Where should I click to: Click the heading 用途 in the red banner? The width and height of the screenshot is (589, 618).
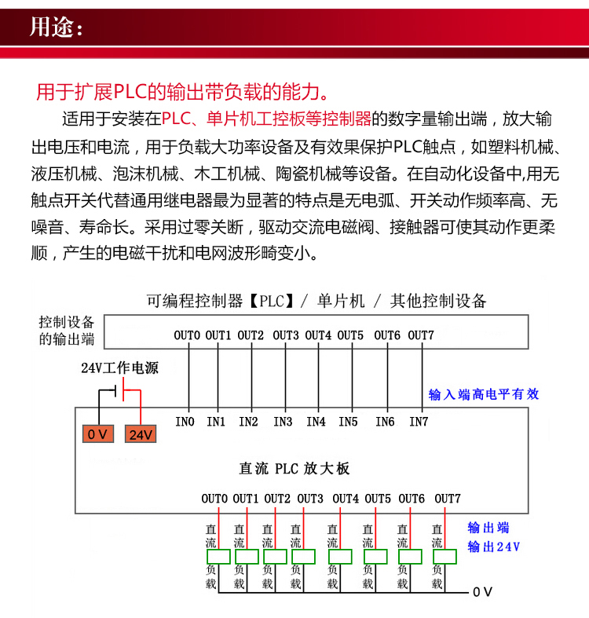pyautogui.click(x=54, y=27)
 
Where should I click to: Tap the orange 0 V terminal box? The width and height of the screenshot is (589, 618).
pyautogui.click(x=99, y=434)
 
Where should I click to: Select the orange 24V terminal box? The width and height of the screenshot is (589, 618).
pyautogui.click(x=141, y=434)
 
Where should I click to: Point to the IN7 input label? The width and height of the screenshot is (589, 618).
pyautogui.click(x=419, y=422)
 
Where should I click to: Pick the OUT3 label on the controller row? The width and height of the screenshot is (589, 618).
pyautogui.click(x=286, y=335)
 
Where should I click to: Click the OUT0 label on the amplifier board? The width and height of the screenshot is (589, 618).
pyautogui.click(x=214, y=498)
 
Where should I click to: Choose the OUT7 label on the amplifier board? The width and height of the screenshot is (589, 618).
pyautogui.click(x=448, y=498)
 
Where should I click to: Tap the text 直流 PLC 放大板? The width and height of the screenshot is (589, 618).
pyautogui.click(x=294, y=469)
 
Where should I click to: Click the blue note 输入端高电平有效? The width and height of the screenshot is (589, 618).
pyautogui.click(x=484, y=394)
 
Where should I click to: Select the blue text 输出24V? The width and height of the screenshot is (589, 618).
pyautogui.click(x=493, y=547)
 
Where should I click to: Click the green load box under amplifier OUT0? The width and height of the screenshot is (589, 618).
pyautogui.click(x=218, y=557)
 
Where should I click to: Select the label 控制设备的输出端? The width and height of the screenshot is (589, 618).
pyautogui.click(x=67, y=331)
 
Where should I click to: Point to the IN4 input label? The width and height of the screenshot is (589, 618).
pyautogui.click(x=316, y=422)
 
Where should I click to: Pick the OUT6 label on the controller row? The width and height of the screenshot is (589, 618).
pyautogui.click(x=387, y=335)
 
